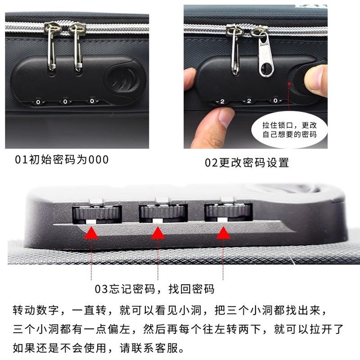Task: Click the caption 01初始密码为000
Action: [x=62, y=160]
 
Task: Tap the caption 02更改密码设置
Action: [x=247, y=162]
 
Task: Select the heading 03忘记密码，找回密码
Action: [x=154, y=289]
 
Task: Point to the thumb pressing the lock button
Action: [x=316, y=79]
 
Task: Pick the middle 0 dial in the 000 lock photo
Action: [x=65, y=102]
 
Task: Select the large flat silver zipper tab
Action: [x=262, y=56]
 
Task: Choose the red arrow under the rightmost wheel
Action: [x=223, y=233]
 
